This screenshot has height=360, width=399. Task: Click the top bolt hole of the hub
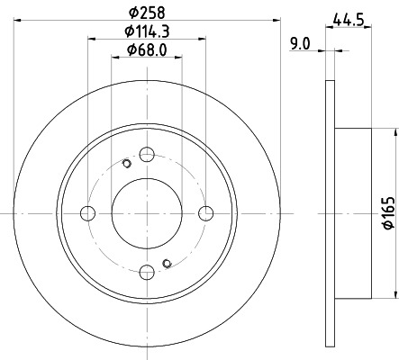tap(147, 154)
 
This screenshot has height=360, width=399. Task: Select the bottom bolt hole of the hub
tap(147, 271)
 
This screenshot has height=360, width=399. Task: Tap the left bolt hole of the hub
tap(88, 212)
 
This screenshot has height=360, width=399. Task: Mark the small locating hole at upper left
tap(126, 164)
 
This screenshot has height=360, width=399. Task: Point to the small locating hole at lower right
tap(167, 262)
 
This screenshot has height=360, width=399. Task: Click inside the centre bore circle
tap(147, 212)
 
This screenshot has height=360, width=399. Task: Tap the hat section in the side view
tap(352, 212)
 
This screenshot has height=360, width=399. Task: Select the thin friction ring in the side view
tap(329, 212)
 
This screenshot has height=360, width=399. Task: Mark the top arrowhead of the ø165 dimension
tap(394, 131)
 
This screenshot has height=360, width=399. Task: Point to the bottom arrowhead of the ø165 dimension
tap(394, 294)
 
